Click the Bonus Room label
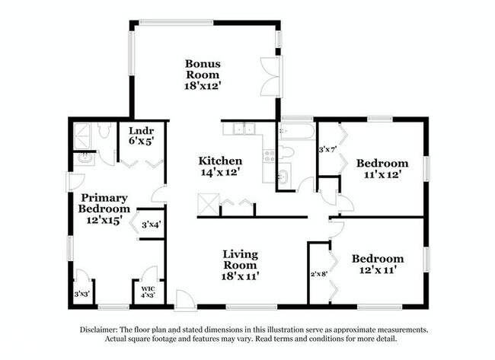(x=202, y=75)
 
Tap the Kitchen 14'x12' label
(x=220, y=167)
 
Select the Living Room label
(x=240, y=265)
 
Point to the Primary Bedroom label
(x=104, y=208)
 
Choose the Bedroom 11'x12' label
(x=382, y=168)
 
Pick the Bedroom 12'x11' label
(x=378, y=264)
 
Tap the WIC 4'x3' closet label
(x=148, y=291)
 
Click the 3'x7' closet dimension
(x=327, y=148)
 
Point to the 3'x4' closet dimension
(x=150, y=224)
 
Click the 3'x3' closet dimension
(x=81, y=294)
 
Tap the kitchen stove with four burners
(x=268, y=156)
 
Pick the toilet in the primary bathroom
(x=104, y=132)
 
